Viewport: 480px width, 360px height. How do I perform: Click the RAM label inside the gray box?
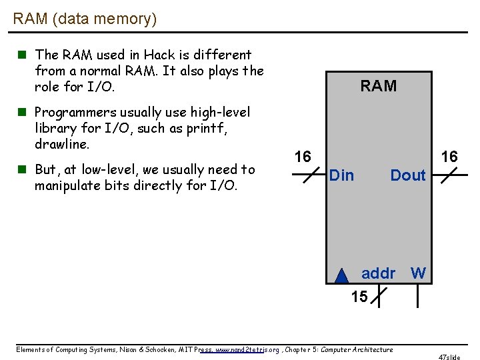378,86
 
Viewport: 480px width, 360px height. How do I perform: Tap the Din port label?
342,175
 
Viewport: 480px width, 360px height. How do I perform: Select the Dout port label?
407,175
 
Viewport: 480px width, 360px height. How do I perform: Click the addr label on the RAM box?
378,273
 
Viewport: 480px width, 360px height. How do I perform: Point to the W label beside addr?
418,273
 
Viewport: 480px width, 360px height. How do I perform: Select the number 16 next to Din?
303,157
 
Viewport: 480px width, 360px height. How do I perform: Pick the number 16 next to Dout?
449,157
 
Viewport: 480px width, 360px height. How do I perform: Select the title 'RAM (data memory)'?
85,19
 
